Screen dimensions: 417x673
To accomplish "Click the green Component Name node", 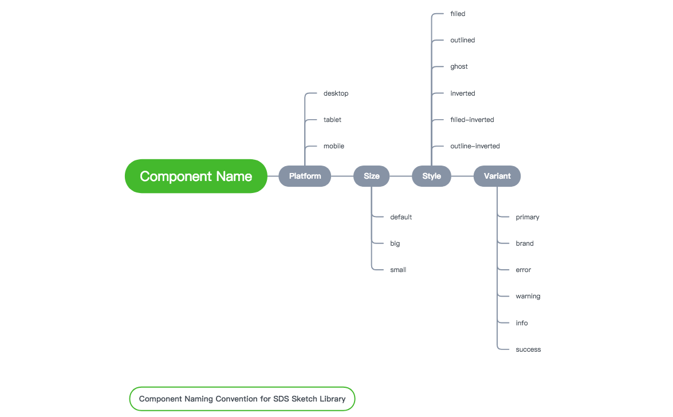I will pos(196,176).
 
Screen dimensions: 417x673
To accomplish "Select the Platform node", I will pos(305,176).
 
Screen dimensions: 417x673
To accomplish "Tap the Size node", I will pos(371,176).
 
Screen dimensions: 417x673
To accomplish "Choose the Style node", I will pos(431,176).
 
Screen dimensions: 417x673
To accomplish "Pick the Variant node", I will pos(497,176).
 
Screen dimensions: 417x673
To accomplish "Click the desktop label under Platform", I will pos(336,93).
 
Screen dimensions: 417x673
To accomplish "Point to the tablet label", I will pos(332,120).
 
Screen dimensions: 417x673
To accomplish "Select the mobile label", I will pos(334,146).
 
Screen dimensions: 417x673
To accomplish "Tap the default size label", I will pos(401,217).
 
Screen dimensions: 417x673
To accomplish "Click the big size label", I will pos(395,243).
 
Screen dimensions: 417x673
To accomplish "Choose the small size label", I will pos(398,270).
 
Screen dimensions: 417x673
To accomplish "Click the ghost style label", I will pos(459,66).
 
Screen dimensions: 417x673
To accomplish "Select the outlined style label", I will pos(462,40).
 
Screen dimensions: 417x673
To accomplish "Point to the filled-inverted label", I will pos(472,120).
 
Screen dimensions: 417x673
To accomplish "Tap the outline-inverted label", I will pos(475,146).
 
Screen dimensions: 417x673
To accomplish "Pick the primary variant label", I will pos(528,217).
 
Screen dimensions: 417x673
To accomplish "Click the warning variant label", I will pos(528,296).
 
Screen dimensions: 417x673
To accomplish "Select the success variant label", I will pos(528,349).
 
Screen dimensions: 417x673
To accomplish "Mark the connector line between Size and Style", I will pos(400,176).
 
